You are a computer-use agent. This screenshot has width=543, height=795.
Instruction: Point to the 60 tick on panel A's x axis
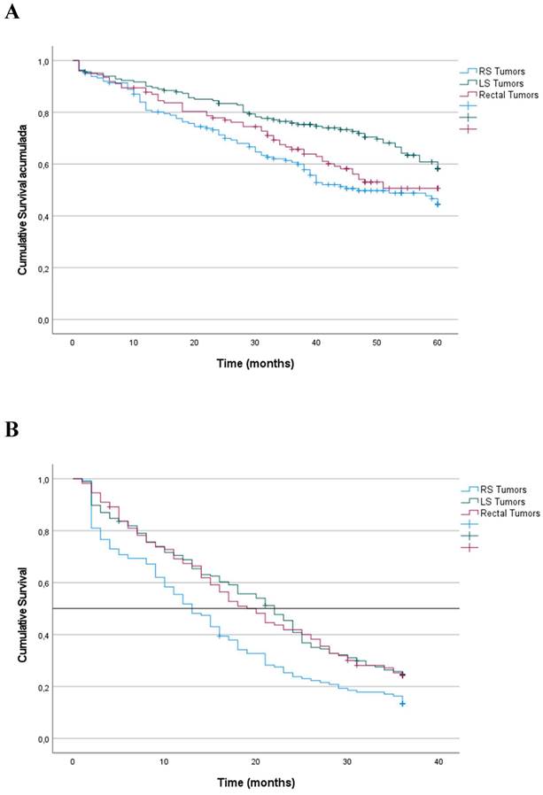pos(437,343)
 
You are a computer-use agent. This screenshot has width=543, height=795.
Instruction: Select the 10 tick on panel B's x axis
pos(164,761)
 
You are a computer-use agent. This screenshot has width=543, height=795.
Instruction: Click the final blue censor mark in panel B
pos(402,703)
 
